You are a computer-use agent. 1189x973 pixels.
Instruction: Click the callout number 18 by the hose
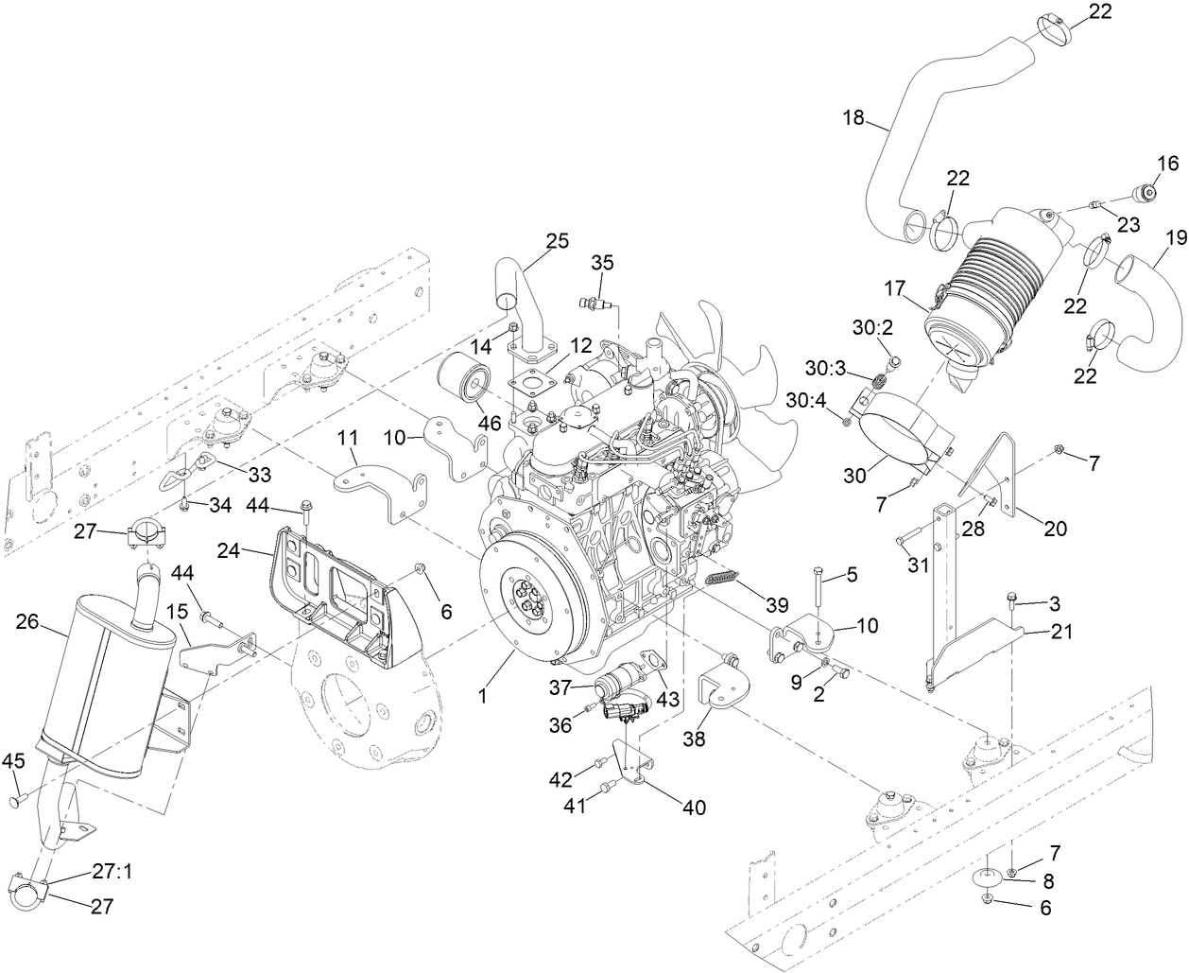853,117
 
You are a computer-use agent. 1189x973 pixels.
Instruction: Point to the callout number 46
490,423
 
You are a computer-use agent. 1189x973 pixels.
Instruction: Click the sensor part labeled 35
595,302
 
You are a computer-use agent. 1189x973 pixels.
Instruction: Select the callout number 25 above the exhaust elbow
557,240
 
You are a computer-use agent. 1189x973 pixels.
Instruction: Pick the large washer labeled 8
986,877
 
